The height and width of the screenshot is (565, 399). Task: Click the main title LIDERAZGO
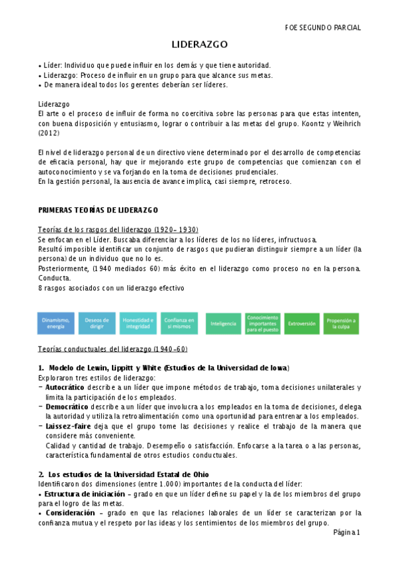pos(200,45)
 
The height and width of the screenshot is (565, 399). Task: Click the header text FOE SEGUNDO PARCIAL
pos(322,28)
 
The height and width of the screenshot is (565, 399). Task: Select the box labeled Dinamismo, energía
pos(56,323)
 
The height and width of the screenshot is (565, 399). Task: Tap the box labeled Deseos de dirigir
pos(97,323)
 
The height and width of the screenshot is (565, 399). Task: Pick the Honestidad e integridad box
pos(138,323)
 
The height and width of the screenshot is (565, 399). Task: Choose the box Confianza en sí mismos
pos(179,323)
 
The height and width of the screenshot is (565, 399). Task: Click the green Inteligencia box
pos(223,323)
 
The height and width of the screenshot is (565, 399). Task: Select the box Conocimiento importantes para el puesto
pos(262,323)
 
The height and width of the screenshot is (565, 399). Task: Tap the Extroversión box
pos(302,323)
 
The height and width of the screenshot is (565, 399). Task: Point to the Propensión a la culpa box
pos(341,323)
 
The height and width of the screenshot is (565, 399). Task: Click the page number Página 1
pos(346,532)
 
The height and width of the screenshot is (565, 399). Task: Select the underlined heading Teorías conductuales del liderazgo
pos(113,348)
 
